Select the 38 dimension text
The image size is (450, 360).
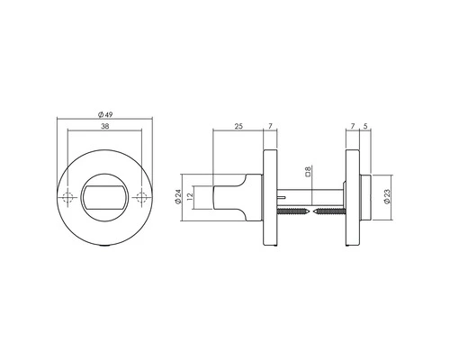pos(105,128)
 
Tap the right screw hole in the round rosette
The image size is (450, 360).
pos(139,198)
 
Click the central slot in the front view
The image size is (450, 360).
pos(105,198)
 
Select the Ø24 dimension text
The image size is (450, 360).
pos(179,198)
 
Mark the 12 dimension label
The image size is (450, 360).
pos(192,198)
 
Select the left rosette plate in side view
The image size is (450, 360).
pos(270,198)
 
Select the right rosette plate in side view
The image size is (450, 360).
pos(352,198)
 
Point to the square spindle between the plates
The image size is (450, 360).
pos(310,192)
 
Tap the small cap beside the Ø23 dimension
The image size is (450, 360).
pos(364,198)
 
